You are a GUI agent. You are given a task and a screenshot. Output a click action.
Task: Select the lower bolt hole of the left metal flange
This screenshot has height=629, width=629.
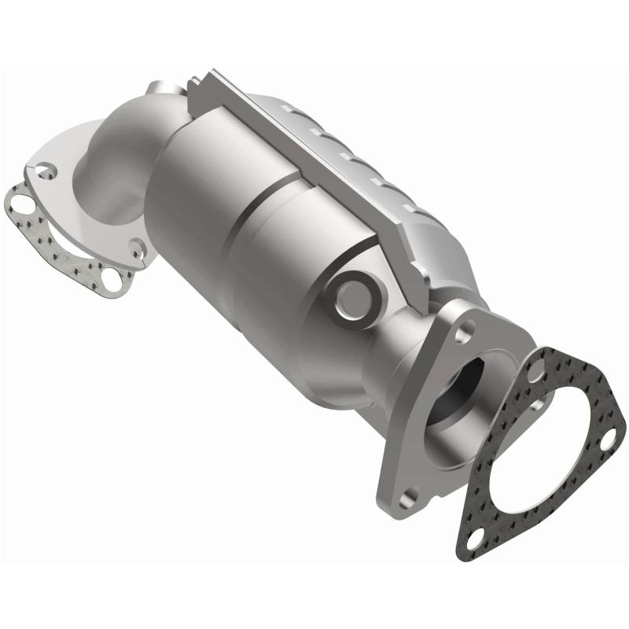(138, 250)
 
